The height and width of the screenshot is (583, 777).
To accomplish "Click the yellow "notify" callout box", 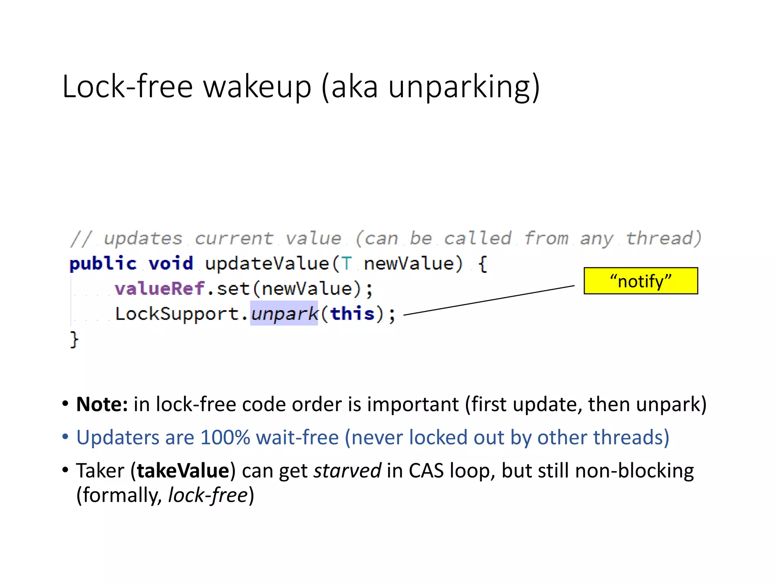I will tap(640, 281).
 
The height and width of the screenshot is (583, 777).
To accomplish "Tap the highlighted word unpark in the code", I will tap(284, 314).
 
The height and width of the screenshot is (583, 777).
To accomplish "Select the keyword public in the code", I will tap(102, 263).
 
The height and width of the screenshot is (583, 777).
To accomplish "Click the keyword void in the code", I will tap(171, 263).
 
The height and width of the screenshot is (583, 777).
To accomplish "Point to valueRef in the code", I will tap(160, 288).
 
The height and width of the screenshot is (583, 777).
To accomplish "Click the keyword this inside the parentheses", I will tap(352, 314).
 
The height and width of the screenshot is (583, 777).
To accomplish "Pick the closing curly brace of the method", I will tap(74, 339).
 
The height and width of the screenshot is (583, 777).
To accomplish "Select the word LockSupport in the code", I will tap(177, 314).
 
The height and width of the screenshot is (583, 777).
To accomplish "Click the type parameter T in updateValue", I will tap(346, 263).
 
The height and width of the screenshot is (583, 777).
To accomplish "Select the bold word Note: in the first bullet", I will tap(102, 404).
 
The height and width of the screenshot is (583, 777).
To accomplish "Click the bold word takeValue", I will tap(183, 471).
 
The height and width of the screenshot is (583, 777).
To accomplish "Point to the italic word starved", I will tap(347, 471).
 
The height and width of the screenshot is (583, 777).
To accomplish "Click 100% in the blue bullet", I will tap(225, 437).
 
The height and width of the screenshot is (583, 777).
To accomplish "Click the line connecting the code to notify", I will tap(489, 300).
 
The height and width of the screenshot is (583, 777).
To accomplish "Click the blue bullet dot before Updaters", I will tap(66, 437).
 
